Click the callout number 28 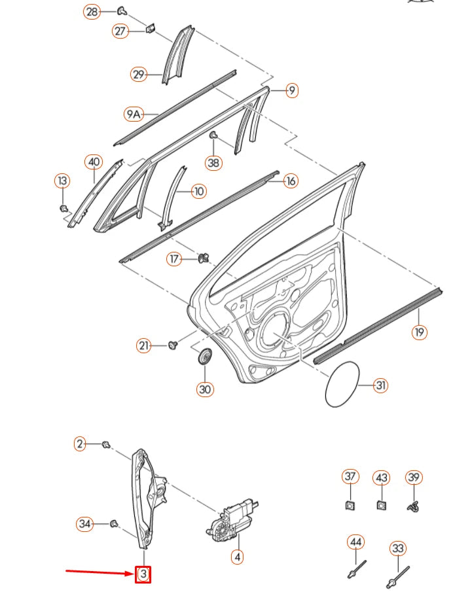pos(92,11)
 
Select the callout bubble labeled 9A pos(134,114)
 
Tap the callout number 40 pos(94,162)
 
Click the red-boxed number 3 pos(143,575)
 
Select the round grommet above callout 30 pos(206,358)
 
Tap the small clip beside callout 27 pos(150,29)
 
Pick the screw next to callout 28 pos(122,10)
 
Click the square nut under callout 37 pos(351,504)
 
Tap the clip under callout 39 pos(413,505)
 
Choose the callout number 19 pos(419,332)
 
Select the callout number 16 pos(291,181)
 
